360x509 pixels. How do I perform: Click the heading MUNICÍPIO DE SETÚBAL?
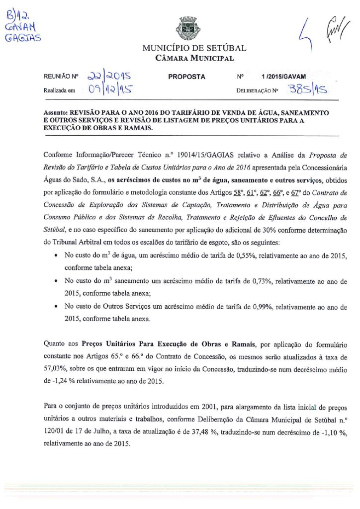pyautogui.click(x=194, y=49)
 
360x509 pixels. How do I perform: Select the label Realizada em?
pyautogui.click(x=59, y=90)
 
